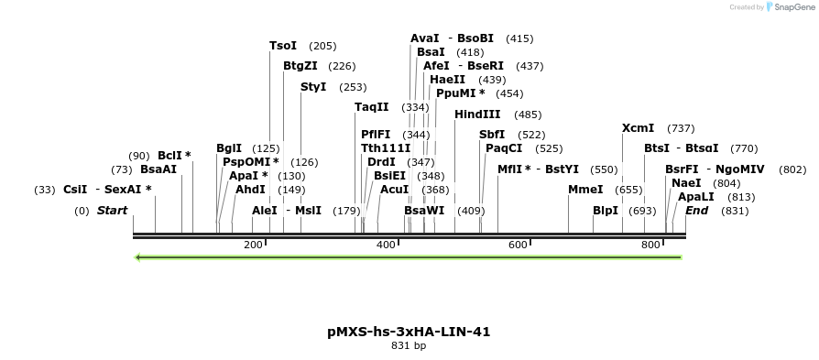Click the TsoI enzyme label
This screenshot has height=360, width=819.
tap(283, 46)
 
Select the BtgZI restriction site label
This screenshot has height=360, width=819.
tap(300, 66)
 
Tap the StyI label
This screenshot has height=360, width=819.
tap(313, 87)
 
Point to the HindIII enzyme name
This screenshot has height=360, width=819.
tap(477, 115)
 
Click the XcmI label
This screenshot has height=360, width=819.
tap(638, 128)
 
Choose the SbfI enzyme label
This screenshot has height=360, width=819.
tap(492, 135)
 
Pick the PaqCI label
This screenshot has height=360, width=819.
tap(504, 148)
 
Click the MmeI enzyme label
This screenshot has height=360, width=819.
tap(585, 190)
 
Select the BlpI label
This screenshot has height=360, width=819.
tap(606, 211)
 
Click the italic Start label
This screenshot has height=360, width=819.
tap(112, 211)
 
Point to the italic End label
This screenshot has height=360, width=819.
tap(696, 211)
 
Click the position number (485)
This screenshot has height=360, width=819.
tap(528, 115)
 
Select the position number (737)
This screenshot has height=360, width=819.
tap(681, 128)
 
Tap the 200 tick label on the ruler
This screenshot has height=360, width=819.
tap(253, 245)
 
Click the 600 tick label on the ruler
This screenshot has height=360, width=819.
tap(518, 245)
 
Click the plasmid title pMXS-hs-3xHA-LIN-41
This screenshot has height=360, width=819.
tap(409, 332)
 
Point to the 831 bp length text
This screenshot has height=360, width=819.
tap(409, 346)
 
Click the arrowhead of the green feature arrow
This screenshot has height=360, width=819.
tap(138, 257)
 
